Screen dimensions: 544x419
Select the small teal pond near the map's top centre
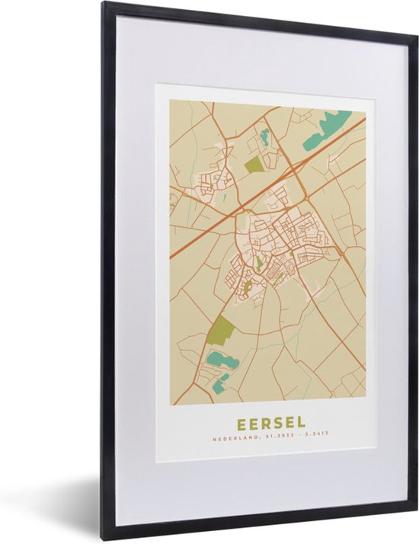265,138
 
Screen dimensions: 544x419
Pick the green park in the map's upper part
254,162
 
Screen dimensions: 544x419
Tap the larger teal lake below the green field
223,360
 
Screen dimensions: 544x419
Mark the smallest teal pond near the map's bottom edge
219,387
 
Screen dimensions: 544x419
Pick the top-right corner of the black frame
416,30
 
